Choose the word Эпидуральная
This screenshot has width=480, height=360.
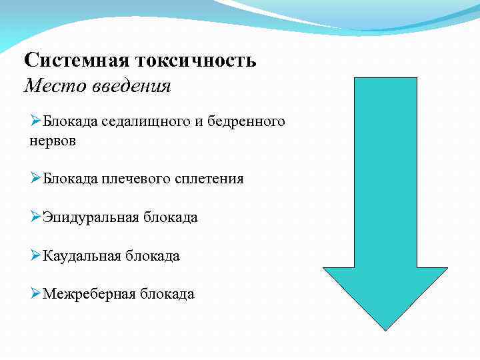(89, 217)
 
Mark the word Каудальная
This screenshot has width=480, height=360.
(80, 256)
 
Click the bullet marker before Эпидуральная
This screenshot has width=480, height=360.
(35, 217)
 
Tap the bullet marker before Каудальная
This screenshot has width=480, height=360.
(35, 256)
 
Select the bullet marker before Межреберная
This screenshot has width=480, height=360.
(35, 294)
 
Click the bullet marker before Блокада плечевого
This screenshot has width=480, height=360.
(35, 179)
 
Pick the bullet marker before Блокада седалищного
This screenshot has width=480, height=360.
(35, 121)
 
